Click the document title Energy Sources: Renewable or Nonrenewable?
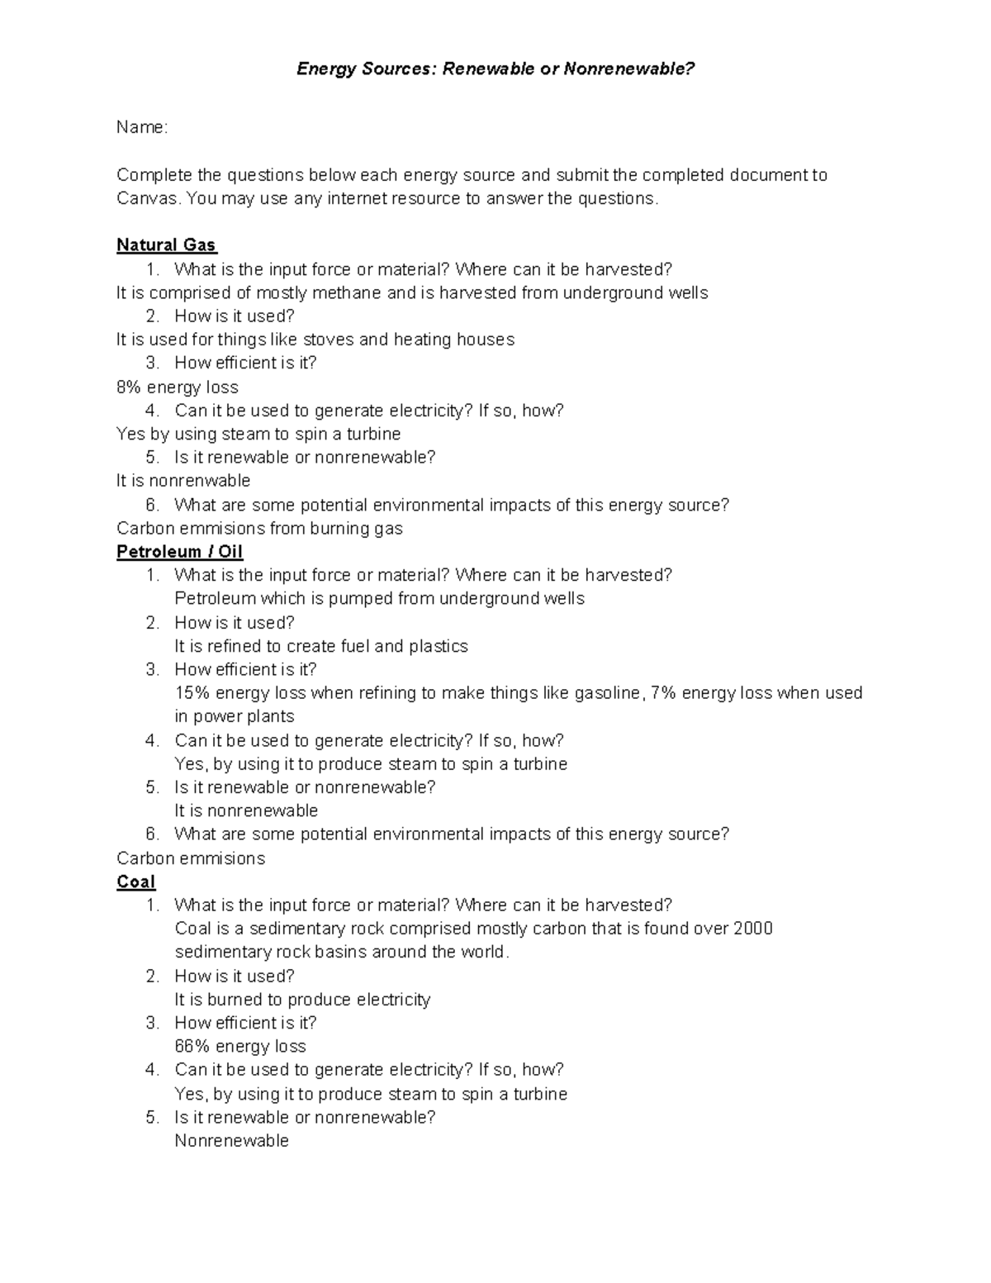coord(495,69)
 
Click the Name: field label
coord(142,127)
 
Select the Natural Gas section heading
coord(166,245)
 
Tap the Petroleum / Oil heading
coord(179,552)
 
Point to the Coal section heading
coord(135,881)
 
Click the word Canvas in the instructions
coord(149,198)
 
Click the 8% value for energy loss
coord(130,387)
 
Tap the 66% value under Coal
coord(192,1047)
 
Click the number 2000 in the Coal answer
coord(752,929)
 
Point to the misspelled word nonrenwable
coord(205,481)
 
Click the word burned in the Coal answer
coord(235,1000)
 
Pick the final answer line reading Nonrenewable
coord(231,1141)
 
